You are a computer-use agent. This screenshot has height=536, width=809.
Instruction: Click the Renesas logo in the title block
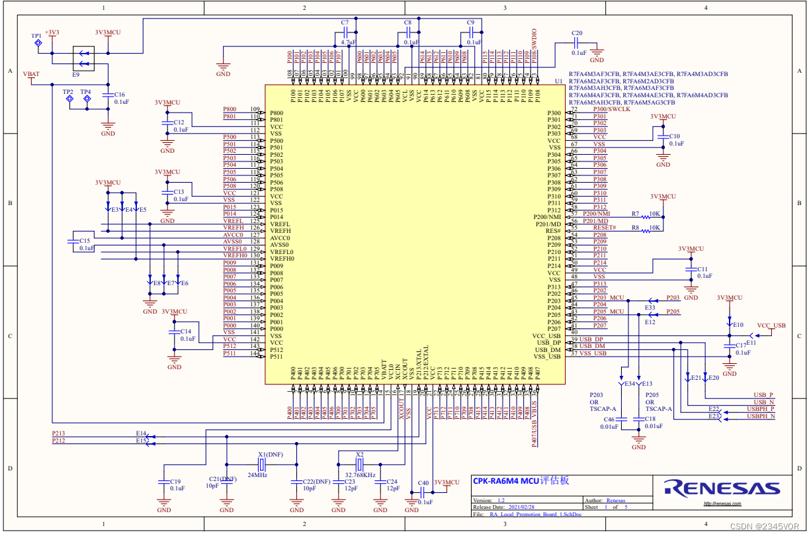pyautogui.click(x=722, y=488)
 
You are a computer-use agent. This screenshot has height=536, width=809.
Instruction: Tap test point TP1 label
pyautogui.click(x=36, y=35)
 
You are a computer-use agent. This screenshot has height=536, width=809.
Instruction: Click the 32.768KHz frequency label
pyautogui.click(x=360, y=475)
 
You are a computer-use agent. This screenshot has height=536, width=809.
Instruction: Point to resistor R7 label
pyautogui.click(x=635, y=214)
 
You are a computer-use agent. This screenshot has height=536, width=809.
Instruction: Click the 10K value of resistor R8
pyautogui.click(x=654, y=228)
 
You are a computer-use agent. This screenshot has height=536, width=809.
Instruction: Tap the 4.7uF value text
pyautogui.click(x=348, y=42)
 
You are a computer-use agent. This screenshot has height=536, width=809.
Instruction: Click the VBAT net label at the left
pyautogui.click(x=31, y=74)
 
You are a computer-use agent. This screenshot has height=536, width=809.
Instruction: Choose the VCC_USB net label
pyautogui.click(x=771, y=326)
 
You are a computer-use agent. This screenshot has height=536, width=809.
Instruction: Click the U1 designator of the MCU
pyautogui.click(x=559, y=81)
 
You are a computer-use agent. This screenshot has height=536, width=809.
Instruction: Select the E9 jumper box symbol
pyautogui.click(x=83, y=58)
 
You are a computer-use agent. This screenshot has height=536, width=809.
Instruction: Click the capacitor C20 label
pyautogui.click(x=577, y=33)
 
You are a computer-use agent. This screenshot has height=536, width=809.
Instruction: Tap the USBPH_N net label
pyautogui.click(x=761, y=416)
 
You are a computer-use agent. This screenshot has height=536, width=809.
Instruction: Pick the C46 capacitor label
pyautogui.click(x=608, y=420)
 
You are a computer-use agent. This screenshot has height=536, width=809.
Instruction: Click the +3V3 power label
pyautogui.click(x=52, y=32)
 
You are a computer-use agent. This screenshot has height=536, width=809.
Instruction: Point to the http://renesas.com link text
pyautogui.click(x=722, y=504)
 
